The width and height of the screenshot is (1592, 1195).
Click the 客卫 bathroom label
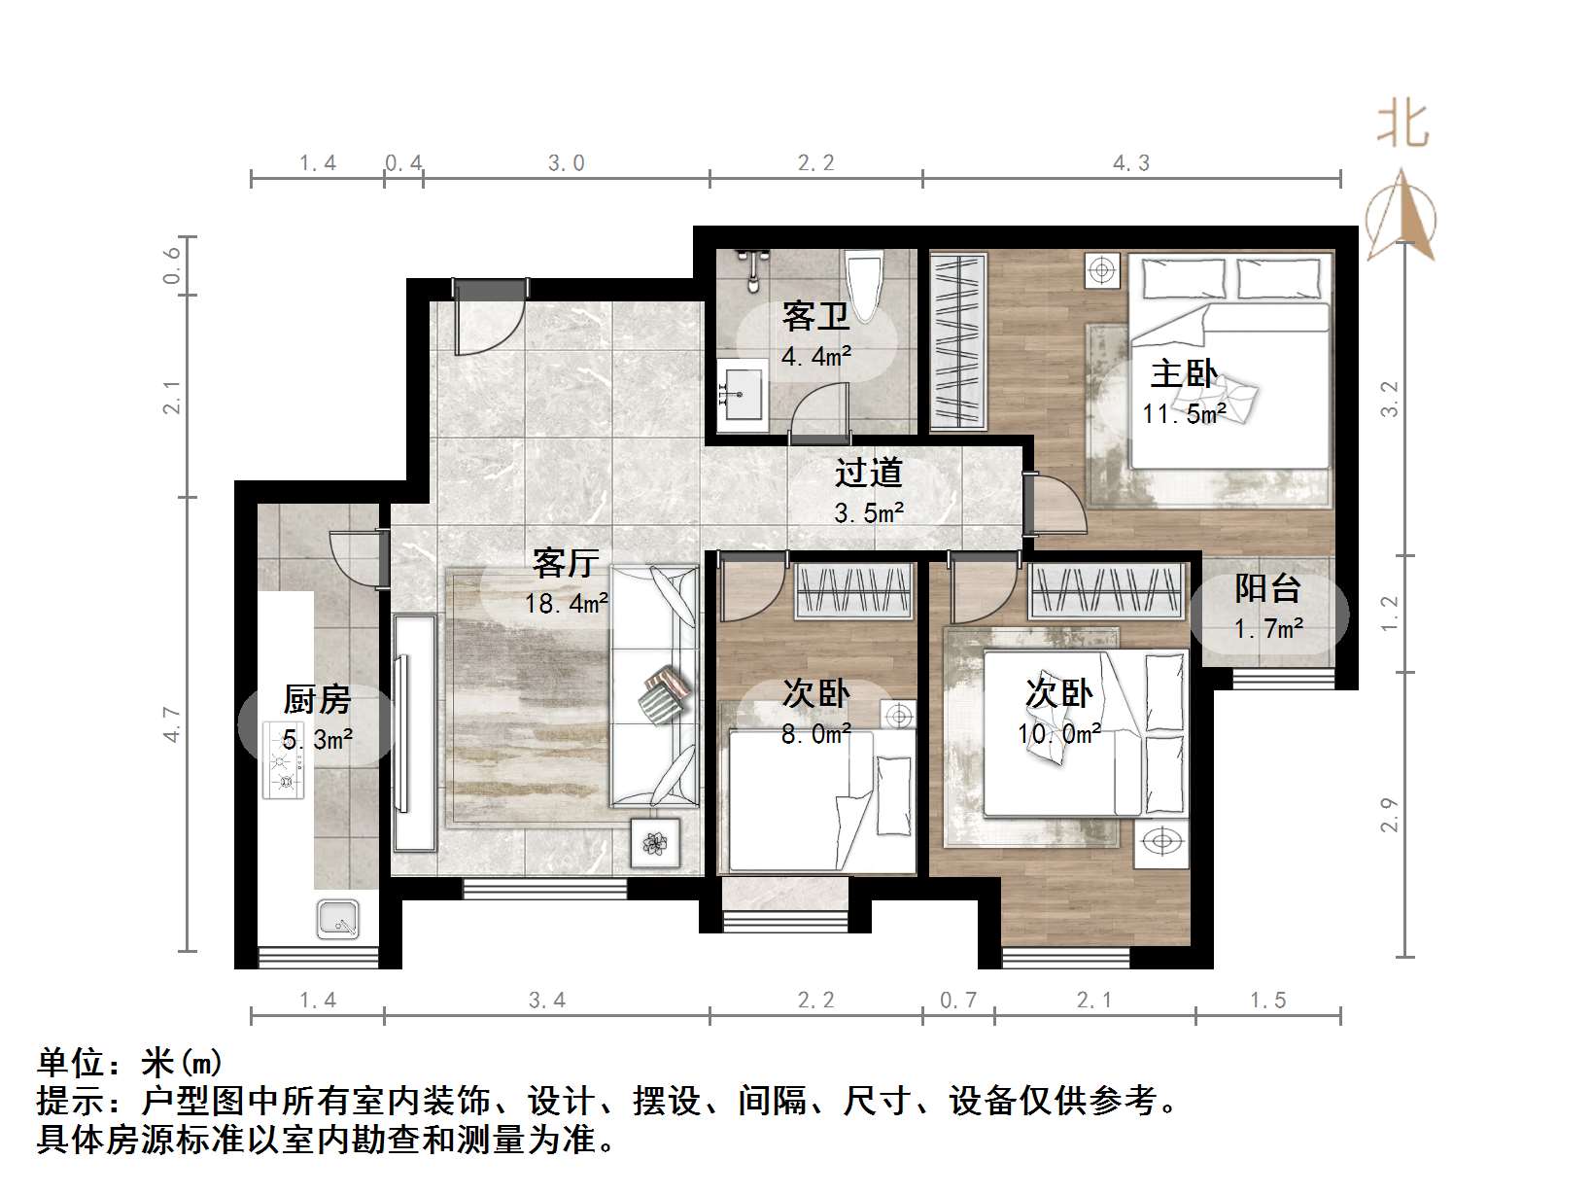[815, 316]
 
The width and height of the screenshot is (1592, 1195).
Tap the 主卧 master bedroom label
[1184, 373]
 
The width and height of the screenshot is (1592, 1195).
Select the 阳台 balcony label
[1267, 588]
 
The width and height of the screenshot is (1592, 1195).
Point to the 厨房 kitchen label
[317, 699]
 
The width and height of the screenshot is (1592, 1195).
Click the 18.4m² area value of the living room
[567, 604]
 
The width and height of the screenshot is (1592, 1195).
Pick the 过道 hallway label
[869, 473]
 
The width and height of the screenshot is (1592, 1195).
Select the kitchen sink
[337, 919]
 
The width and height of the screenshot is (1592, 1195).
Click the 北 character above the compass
[1402, 125]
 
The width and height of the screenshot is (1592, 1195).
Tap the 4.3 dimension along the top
[1131, 163]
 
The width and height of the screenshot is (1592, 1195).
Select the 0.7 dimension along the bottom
[958, 1001]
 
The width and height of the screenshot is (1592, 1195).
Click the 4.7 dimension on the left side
[172, 725]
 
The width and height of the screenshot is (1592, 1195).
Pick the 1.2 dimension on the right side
[1390, 614]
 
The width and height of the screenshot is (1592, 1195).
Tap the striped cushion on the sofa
[666, 693]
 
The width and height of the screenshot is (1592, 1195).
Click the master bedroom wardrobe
[958, 340]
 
